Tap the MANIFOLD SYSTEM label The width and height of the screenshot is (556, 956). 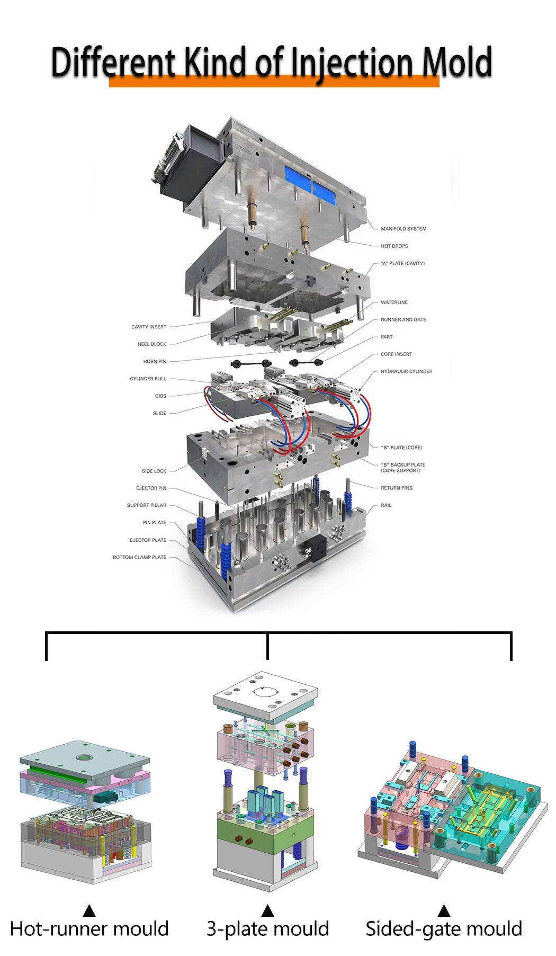pyautogui.click(x=403, y=229)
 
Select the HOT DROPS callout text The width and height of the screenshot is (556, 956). pyautogui.click(x=394, y=246)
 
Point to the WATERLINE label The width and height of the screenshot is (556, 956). pyautogui.click(x=394, y=302)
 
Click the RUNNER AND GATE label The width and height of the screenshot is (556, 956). pyautogui.click(x=403, y=320)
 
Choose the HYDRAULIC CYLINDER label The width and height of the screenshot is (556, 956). pyautogui.click(x=407, y=372)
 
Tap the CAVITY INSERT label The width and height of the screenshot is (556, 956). pyautogui.click(x=149, y=327)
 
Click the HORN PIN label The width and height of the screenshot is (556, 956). pyautogui.click(x=155, y=362)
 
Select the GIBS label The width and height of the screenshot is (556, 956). pyautogui.click(x=160, y=396)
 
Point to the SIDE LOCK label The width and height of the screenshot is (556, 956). pyautogui.click(x=154, y=471)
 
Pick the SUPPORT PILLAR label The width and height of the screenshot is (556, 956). pyautogui.click(x=147, y=505)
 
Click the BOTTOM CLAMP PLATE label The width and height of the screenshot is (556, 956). pyautogui.click(x=139, y=557)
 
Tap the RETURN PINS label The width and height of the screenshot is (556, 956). pyautogui.click(x=397, y=488)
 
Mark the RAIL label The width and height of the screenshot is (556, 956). pyautogui.click(x=386, y=505)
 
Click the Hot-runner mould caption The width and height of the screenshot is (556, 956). pyautogui.click(x=89, y=929)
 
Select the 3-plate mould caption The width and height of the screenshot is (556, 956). pyautogui.click(x=268, y=930)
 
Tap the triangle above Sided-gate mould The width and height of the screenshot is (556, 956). pyautogui.click(x=444, y=910)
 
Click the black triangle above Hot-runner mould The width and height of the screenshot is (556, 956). pyautogui.click(x=89, y=910)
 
